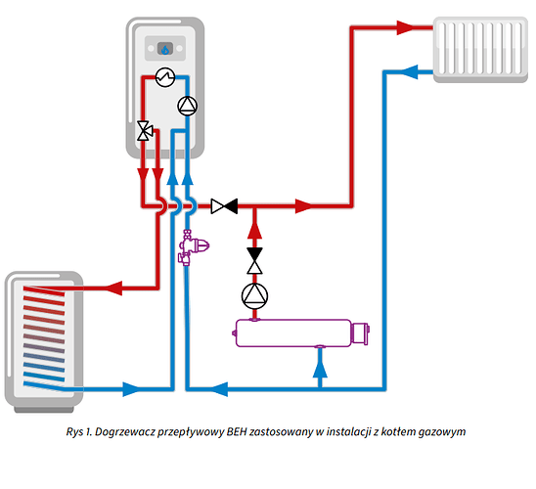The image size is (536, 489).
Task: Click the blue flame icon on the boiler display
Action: [165, 49]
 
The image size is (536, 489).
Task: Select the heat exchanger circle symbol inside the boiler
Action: [165, 77]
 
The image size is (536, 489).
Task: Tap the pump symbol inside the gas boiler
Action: [188, 106]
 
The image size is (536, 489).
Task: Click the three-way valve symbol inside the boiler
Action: [145, 130]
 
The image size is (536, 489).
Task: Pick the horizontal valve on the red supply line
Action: [224, 206]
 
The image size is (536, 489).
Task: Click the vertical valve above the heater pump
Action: [254, 261]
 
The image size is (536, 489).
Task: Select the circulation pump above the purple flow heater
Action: [254, 296]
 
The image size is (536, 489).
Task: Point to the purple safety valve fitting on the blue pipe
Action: [192, 247]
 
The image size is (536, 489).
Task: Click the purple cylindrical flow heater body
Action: [293, 333]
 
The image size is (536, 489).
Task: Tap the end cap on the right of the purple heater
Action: [360, 333]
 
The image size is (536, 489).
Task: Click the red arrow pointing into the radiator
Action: [405, 27]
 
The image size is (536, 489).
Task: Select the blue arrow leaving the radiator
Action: [409, 71]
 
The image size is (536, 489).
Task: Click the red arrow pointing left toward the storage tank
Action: [113, 289]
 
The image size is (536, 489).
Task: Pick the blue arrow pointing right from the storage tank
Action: [132, 389]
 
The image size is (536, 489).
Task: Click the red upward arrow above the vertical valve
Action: [254, 230]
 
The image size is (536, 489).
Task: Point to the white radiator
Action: [480, 50]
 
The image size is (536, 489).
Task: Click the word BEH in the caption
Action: [237, 432]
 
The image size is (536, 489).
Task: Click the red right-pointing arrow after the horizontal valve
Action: [304, 206]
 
